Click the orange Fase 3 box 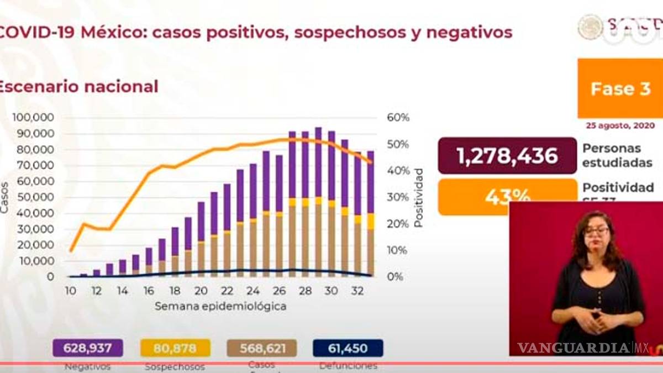coord(620,88)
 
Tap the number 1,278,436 coord(507,156)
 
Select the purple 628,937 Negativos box coord(87,348)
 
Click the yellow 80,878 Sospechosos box coord(175,348)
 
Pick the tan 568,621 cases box coord(262,348)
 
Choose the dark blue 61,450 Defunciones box coord(348,348)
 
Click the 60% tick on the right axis coord(398,118)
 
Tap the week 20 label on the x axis coord(201,291)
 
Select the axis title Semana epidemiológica coord(220,306)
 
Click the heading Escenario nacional coord(78,87)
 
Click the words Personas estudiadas coord(612,156)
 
